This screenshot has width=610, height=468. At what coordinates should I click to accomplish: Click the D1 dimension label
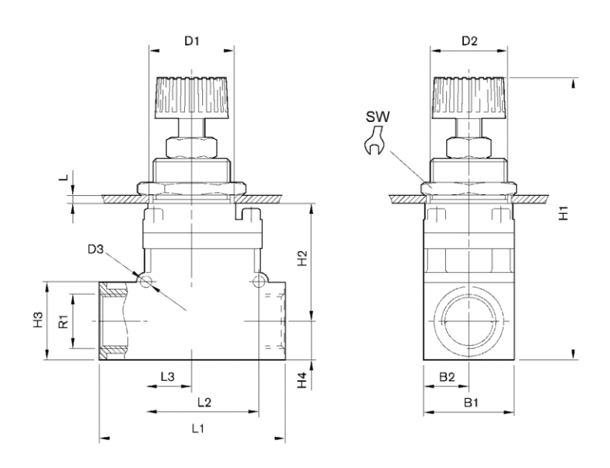click(x=191, y=41)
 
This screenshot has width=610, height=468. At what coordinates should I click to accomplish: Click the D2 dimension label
click(x=469, y=41)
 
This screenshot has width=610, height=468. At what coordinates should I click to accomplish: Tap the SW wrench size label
click(x=378, y=117)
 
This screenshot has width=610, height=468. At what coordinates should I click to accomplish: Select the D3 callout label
click(x=96, y=250)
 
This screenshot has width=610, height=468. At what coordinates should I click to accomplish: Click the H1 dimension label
click(x=563, y=213)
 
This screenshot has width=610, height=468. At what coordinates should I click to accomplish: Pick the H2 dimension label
click(x=302, y=258)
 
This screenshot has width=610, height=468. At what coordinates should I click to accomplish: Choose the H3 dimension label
click(x=38, y=320)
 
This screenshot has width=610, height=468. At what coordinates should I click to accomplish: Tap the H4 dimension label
click(x=302, y=380)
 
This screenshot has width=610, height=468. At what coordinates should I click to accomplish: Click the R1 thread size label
click(x=64, y=322)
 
